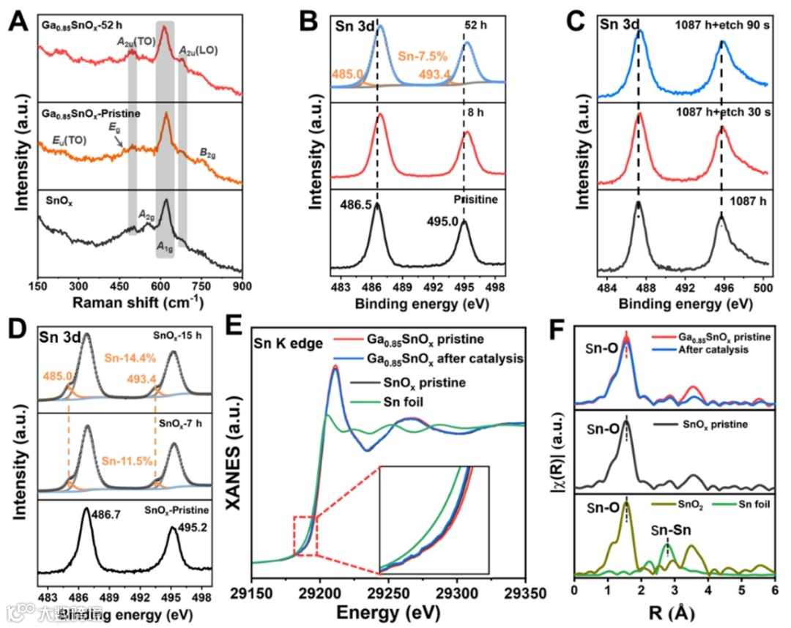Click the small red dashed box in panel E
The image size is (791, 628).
coord(305,536)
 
